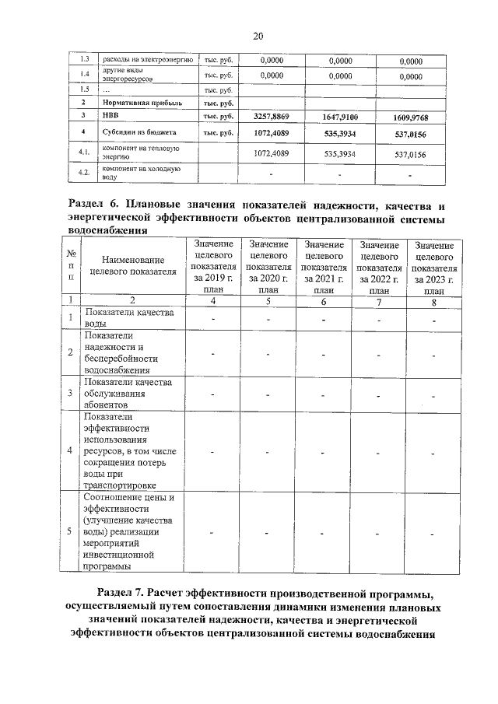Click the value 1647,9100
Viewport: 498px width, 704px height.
coord(340,117)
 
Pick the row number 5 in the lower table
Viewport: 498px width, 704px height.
coord(71,533)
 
